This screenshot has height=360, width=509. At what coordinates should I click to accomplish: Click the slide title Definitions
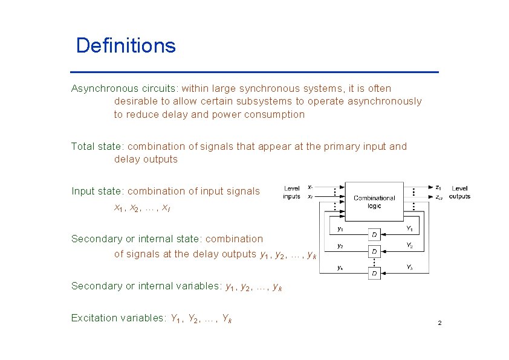pos(126,45)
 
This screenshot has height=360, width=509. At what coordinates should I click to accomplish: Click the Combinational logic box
pos(374,202)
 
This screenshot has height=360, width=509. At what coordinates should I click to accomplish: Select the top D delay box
pos(375,234)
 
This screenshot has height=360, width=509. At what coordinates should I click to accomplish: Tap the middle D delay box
pos(375,251)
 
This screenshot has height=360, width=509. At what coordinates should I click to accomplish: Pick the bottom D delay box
pos(375,274)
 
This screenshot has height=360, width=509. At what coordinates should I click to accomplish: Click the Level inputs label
pos(291,193)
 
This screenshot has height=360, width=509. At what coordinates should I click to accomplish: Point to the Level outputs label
pos(459,193)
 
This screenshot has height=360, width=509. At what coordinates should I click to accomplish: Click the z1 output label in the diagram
pos(438,188)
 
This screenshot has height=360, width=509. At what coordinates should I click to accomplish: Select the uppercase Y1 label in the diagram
pos(409,229)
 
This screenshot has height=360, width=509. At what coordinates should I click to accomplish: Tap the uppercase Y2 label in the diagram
pos(409,246)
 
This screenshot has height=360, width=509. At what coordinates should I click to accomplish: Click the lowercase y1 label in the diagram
pos(340,229)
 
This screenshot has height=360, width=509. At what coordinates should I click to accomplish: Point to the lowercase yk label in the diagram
pos(340,268)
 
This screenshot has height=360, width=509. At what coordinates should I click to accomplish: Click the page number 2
pos(439,324)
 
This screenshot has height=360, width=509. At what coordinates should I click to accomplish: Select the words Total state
pos(97,146)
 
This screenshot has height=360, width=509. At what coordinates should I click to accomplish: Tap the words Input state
pos(97,191)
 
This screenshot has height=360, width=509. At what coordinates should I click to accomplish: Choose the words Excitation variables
pos(117,318)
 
